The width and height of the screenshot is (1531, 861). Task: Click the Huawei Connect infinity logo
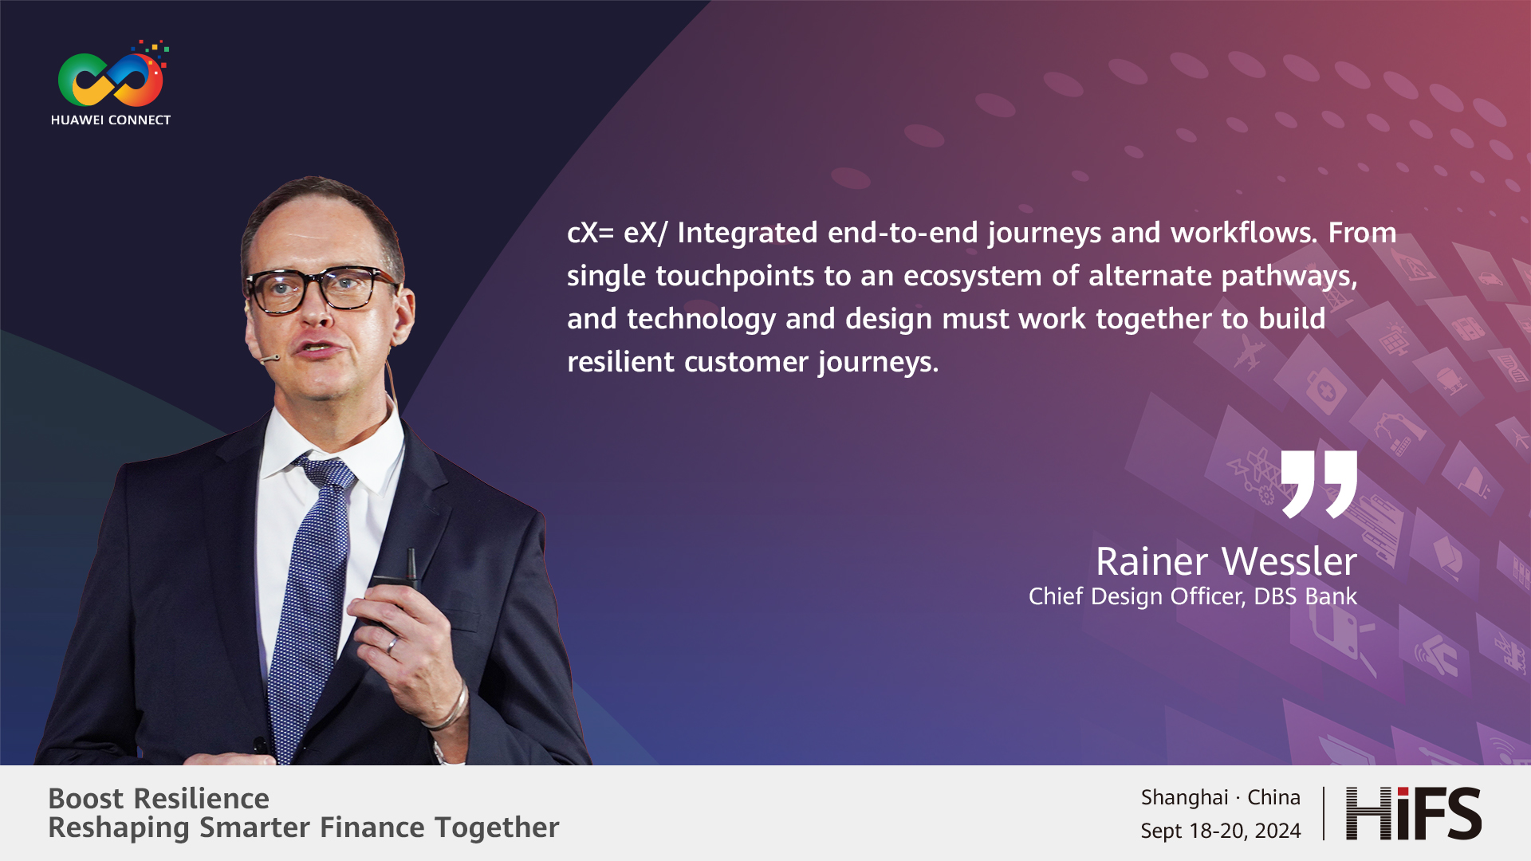coord(111,77)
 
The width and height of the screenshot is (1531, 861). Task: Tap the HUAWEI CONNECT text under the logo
coord(111,120)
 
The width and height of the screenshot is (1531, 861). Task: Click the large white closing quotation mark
coord(1319,484)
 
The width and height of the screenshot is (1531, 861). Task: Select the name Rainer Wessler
coord(1226,561)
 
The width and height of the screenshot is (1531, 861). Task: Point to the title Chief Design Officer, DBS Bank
coord(1193,596)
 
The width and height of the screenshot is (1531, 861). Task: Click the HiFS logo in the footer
coord(1414,813)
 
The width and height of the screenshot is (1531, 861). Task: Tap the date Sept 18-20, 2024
coord(1221,831)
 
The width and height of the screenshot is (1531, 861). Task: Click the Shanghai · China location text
coord(1221,797)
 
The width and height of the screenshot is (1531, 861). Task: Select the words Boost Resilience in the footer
coord(159,798)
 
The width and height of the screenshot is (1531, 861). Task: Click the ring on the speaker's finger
coord(392,644)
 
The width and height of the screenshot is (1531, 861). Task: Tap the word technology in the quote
coord(701,319)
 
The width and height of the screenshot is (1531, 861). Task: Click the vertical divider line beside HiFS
coord(1324,813)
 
